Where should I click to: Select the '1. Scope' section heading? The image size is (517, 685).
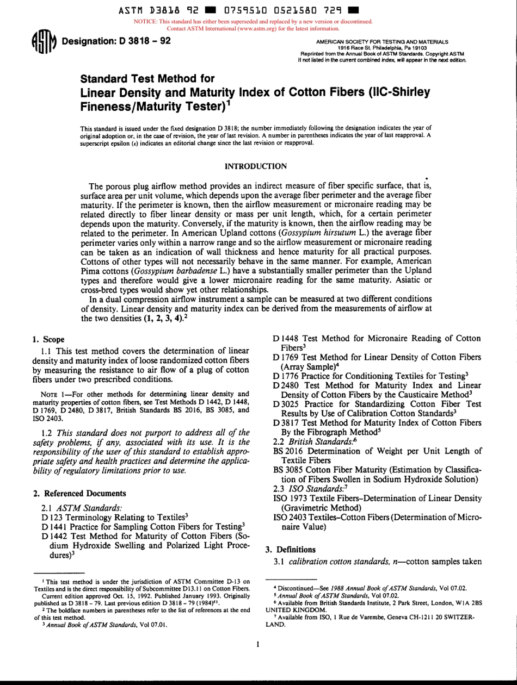tap(49, 340)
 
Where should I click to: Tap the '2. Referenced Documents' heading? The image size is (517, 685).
tap(79, 493)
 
